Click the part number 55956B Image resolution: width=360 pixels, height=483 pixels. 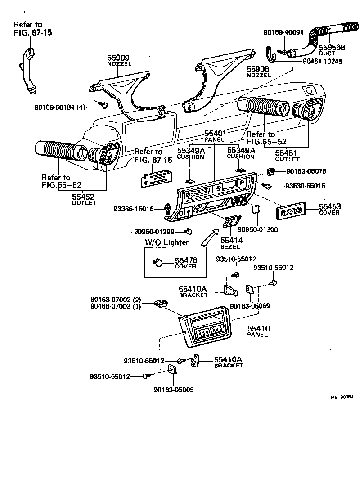coord(332,47)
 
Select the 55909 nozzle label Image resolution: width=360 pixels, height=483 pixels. coord(118,58)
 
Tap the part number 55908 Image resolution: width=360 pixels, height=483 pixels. coord(258,69)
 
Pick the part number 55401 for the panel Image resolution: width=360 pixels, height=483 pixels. coord(216,134)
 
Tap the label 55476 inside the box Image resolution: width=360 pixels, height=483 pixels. coord(186,260)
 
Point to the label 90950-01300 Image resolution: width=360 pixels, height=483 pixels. coord(258,229)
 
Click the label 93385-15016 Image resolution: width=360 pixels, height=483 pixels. coord(134,209)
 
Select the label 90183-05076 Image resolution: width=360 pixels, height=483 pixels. coord(306,171)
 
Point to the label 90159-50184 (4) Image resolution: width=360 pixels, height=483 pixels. coord(59,107)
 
